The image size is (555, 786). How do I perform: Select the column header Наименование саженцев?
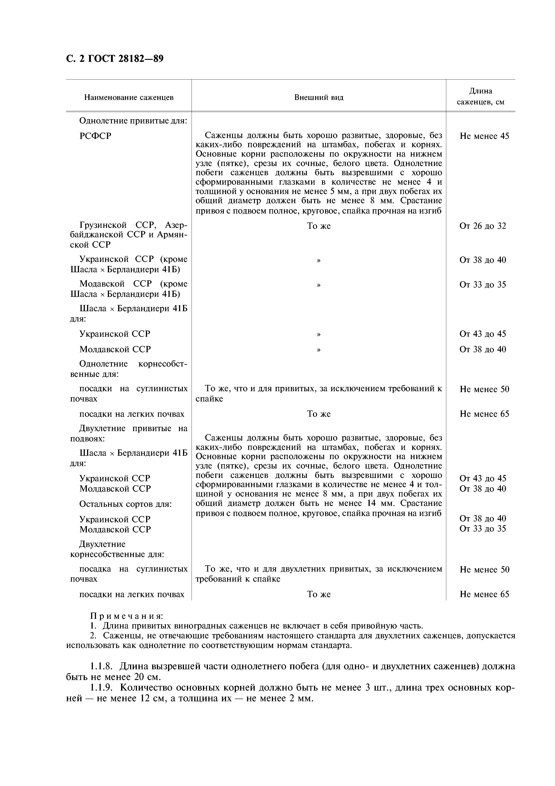point(129,97)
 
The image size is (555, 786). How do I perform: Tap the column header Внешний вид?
point(319,97)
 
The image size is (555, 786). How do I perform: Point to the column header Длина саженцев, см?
point(480,97)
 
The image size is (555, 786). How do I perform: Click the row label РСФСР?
point(95,136)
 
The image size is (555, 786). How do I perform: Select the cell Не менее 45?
point(484,136)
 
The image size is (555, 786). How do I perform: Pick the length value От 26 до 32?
point(482,226)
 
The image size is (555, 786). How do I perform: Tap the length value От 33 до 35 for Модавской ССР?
point(482,285)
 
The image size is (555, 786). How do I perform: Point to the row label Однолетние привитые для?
point(133,121)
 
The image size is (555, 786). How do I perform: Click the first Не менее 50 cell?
point(484,389)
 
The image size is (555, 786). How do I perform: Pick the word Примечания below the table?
point(126,616)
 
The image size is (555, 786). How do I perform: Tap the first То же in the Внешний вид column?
point(319,226)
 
